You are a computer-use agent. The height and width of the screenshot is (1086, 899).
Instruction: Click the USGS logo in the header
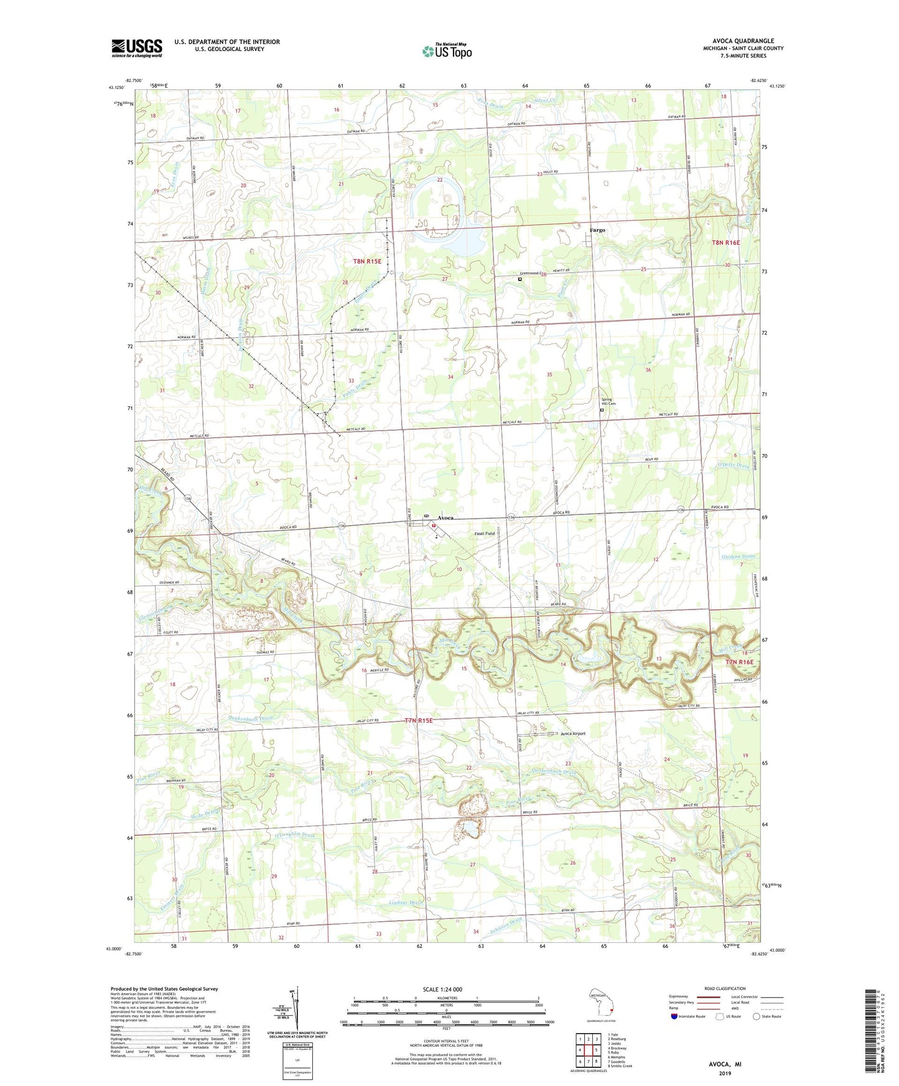click(137, 48)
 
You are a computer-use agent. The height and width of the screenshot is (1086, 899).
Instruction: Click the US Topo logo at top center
click(447, 51)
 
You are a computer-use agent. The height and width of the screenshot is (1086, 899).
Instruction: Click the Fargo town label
click(597, 230)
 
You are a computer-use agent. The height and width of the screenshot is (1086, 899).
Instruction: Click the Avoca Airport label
click(573, 733)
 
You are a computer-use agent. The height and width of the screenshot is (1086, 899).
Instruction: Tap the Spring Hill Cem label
click(608, 402)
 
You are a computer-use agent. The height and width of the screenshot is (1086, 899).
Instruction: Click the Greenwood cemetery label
click(532, 274)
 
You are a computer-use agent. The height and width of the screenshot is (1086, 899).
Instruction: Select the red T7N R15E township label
click(418, 720)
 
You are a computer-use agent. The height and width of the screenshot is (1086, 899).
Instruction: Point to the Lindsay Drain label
click(406, 903)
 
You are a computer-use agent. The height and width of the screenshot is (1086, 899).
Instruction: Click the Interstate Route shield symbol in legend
click(674, 1016)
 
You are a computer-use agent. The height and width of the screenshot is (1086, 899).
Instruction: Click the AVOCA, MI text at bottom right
click(725, 1064)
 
